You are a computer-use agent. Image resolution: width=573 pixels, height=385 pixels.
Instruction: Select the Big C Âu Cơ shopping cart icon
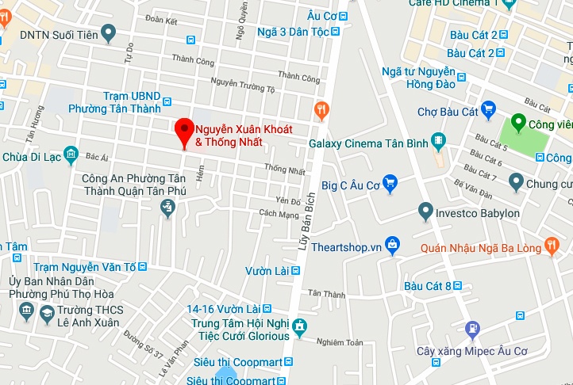[390, 186]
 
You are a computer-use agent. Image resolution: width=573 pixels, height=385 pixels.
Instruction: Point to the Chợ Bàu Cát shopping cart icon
[489, 111]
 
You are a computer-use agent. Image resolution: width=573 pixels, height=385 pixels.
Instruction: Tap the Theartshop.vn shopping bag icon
[391, 246]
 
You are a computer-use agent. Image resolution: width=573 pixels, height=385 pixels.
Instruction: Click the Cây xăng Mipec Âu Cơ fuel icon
[472, 328]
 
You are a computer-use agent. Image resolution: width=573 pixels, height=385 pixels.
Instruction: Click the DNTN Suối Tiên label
[57, 35]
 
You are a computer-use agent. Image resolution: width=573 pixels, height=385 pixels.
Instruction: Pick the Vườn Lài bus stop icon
[296, 270]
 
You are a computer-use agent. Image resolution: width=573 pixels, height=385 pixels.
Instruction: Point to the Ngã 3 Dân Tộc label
[293, 32]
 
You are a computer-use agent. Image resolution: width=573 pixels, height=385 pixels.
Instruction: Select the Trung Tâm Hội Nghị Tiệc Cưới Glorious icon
[299, 326]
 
